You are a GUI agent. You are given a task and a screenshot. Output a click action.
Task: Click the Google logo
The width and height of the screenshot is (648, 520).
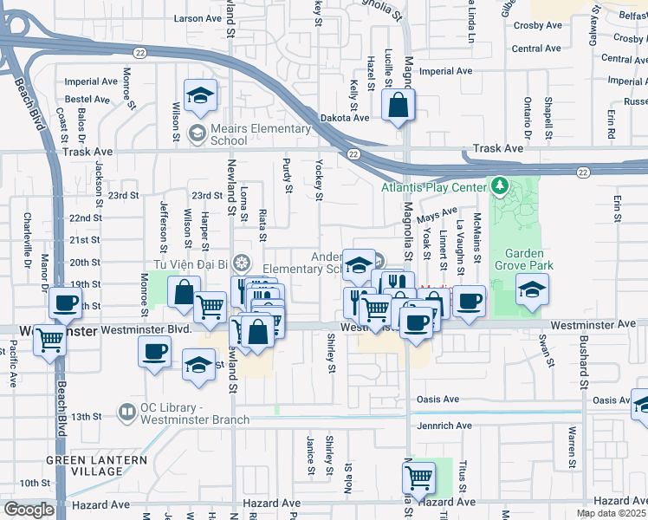pos(29,510)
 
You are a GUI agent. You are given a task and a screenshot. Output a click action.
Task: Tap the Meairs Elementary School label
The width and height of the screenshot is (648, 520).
pos(248,134)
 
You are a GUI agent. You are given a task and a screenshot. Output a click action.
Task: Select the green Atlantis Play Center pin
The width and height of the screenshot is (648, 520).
pos(500,185)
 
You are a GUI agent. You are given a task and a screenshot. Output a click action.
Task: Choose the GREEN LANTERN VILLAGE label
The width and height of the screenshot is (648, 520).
pos(84,465)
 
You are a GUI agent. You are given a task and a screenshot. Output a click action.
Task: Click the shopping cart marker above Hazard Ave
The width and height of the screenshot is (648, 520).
pos(418,475)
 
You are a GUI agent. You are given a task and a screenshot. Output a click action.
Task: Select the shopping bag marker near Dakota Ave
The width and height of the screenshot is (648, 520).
pos(399,105)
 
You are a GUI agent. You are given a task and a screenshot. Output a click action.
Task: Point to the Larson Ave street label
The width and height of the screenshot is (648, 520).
pos(198,18)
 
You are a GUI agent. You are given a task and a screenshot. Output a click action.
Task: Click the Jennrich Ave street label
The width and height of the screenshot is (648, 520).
pos(444,426)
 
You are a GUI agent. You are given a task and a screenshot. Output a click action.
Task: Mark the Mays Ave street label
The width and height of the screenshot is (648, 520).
pos(437,212)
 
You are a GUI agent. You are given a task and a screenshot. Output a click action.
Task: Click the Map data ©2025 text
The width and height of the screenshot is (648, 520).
pos(611,513)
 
